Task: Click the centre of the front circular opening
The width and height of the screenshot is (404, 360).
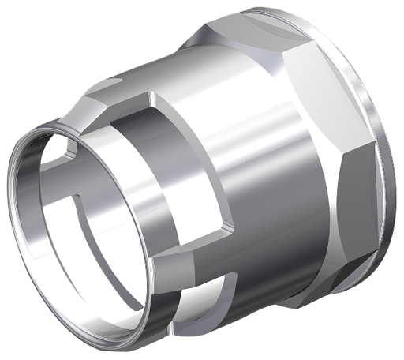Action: (83, 225)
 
